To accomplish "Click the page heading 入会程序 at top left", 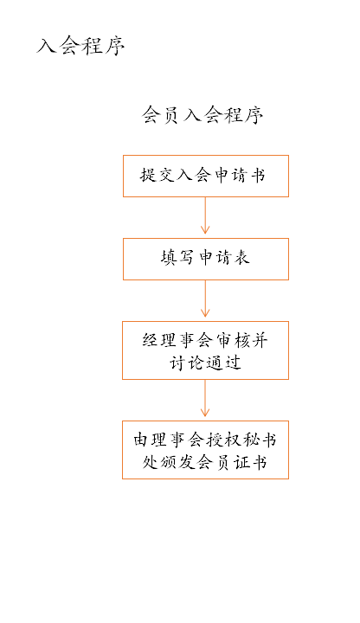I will [x=81, y=46].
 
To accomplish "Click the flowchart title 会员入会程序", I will [x=202, y=116].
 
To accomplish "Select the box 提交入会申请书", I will [x=205, y=176].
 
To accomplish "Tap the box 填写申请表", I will [x=205, y=259].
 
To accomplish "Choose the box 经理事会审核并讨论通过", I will [x=205, y=350].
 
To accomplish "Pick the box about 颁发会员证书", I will [x=205, y=450].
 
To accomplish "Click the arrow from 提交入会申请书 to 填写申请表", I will [x=205, y=216].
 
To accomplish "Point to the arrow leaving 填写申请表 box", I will [x=205, y=299].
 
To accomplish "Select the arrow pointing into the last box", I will [x=205, y=399].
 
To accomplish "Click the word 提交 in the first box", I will [x=156, y=176].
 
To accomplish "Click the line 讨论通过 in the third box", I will [x=205, y=363].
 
